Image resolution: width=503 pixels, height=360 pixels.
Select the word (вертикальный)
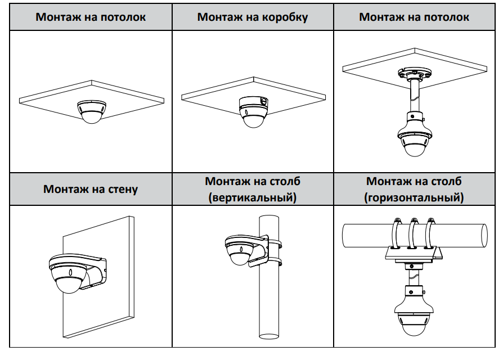pyautogui.click(x=252, y=198)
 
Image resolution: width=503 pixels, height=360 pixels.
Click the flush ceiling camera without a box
pyautogui.click(x=91, y=111)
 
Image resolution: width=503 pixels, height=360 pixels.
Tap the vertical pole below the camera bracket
pyautogui.click(x=270, y=304)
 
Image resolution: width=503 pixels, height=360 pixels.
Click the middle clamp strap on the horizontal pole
pyautogui.click(x=415, y=233)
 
